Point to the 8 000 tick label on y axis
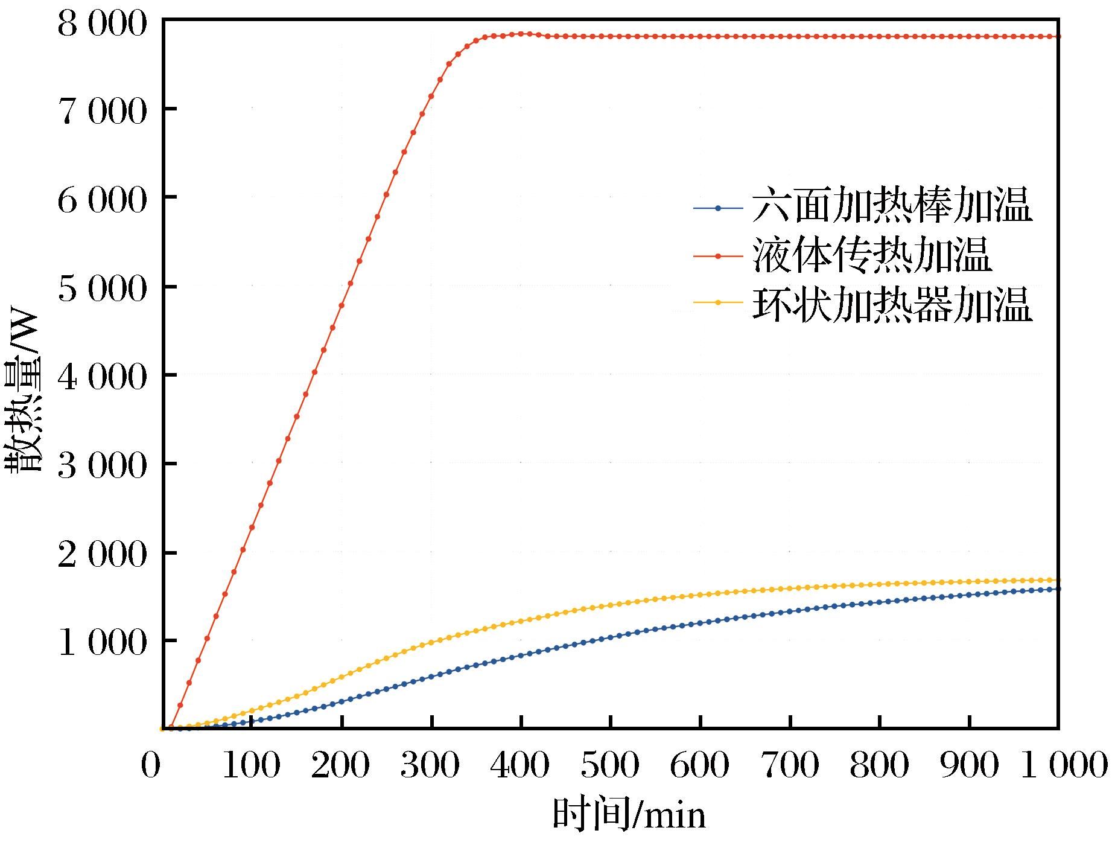[x=102, y=24]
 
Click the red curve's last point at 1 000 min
[x=1058, y=37]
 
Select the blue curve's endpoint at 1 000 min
[x=1058, y=588]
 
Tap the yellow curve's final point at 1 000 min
[x=1058, y=579]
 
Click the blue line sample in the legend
[x=718, y=209]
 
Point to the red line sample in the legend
[x=718, y=256]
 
